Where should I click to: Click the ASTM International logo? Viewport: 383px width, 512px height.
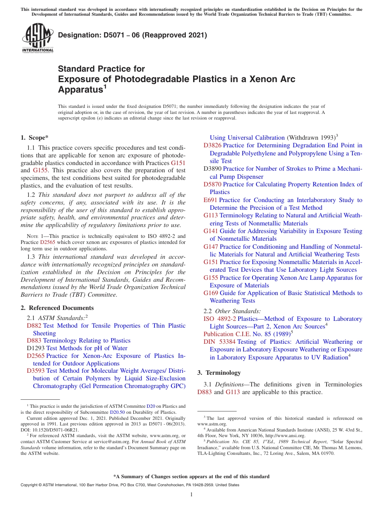pos(37,38)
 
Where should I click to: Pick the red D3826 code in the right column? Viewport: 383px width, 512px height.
pos(212,145)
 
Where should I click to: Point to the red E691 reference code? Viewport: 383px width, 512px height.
pos(210,200)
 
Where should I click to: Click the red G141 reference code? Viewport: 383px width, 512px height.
pos(210,231)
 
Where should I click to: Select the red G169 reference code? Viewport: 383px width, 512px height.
pos(210,293)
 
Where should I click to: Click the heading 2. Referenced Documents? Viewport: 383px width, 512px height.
pos(52,308)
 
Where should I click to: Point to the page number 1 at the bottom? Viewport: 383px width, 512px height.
pos(191,495)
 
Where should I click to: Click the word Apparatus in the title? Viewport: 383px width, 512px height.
pos(79,89)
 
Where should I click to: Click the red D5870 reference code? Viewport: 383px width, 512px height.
pos(212,184)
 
